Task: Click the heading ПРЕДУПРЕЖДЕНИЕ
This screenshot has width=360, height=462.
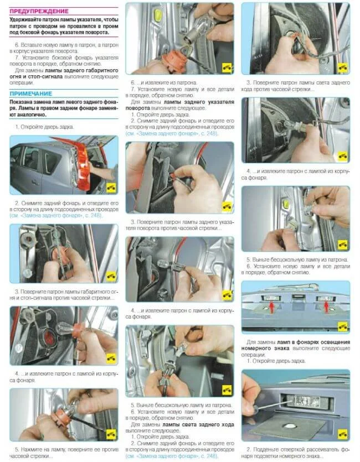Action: point(39,11)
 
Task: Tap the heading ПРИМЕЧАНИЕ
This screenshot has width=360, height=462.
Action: point(30,94)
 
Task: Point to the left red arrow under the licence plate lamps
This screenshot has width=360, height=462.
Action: point(272,307)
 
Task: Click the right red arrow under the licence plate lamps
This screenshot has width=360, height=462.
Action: point(326,307)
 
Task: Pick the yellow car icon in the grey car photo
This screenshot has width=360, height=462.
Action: point(111,188)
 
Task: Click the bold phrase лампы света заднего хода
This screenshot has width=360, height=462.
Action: point(198,424)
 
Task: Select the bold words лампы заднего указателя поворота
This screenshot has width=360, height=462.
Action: point(180,105)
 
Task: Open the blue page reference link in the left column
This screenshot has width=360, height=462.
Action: point(56,215)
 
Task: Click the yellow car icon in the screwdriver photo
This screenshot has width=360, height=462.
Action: point(343,434)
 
